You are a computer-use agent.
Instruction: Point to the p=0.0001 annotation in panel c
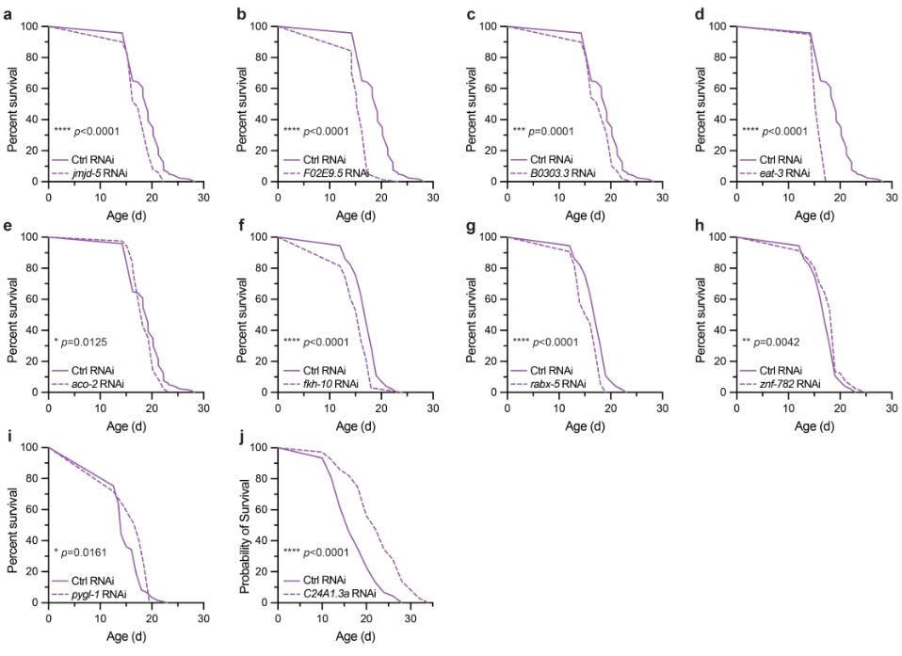pyautogui.click(x=564, y=131)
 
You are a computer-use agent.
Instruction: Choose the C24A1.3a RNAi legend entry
pyautogui.click(x=345, y=596)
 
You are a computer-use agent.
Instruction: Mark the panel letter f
pyautogui.click(x=236, y=220)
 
